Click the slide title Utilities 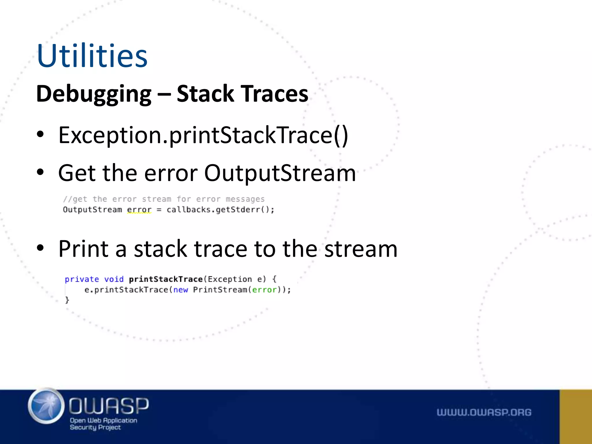point(92,55)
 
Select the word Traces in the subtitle point(275,94)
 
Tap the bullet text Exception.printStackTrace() point(203,135)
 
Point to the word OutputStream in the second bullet point(280,173)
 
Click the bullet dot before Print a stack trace point(40,248)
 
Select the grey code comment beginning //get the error point(164,199)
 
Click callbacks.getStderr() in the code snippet point(220,209)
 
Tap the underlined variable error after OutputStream point(139,209)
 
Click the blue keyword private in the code point(82,279)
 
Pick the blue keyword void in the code point(114,279)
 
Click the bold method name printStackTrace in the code point(166,279)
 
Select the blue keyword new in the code point(181,290)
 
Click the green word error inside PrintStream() point(264,290)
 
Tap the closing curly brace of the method point(67,300)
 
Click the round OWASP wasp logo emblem point(46,406)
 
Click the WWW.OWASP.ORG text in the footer point(484,412)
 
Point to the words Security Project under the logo point(95,427)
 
